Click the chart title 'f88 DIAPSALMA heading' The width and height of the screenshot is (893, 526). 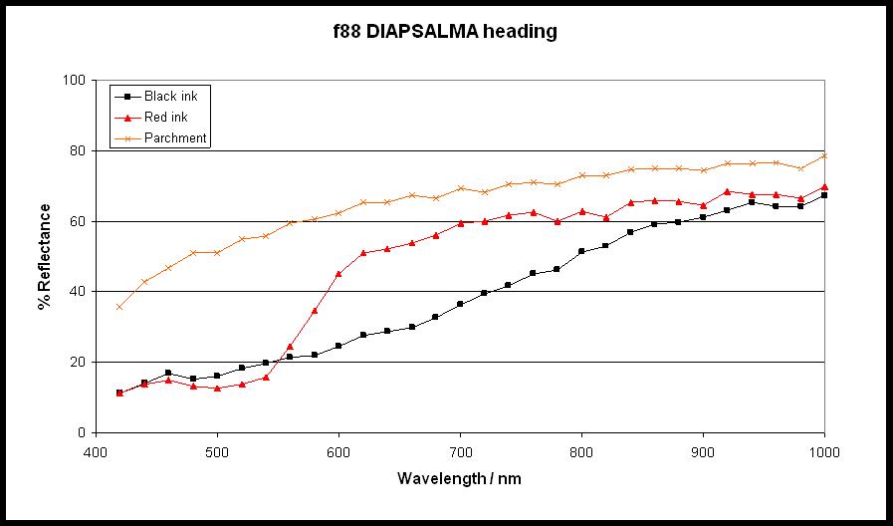(x=444, y=32)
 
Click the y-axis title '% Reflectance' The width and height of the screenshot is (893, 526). (x=45, y=256)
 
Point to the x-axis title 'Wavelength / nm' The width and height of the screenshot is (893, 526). (x=459, y=478)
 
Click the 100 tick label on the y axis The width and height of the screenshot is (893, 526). (x=75, y=80)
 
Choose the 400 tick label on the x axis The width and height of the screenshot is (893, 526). (x=96, y=451)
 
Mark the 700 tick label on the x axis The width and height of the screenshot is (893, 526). (x=460, y=451)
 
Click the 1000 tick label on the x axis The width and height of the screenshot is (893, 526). (x=824, y=451)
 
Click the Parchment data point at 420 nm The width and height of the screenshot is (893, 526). (x=119, y=307)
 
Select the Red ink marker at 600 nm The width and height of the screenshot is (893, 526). (x=338, y=273)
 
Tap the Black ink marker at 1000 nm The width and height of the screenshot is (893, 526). (x=824, y=195)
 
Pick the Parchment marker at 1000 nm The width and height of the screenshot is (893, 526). (x=824, y=155)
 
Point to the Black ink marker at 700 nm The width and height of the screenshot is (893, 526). (x=460, y=304)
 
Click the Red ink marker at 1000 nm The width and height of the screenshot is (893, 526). (x=824, y=186)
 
